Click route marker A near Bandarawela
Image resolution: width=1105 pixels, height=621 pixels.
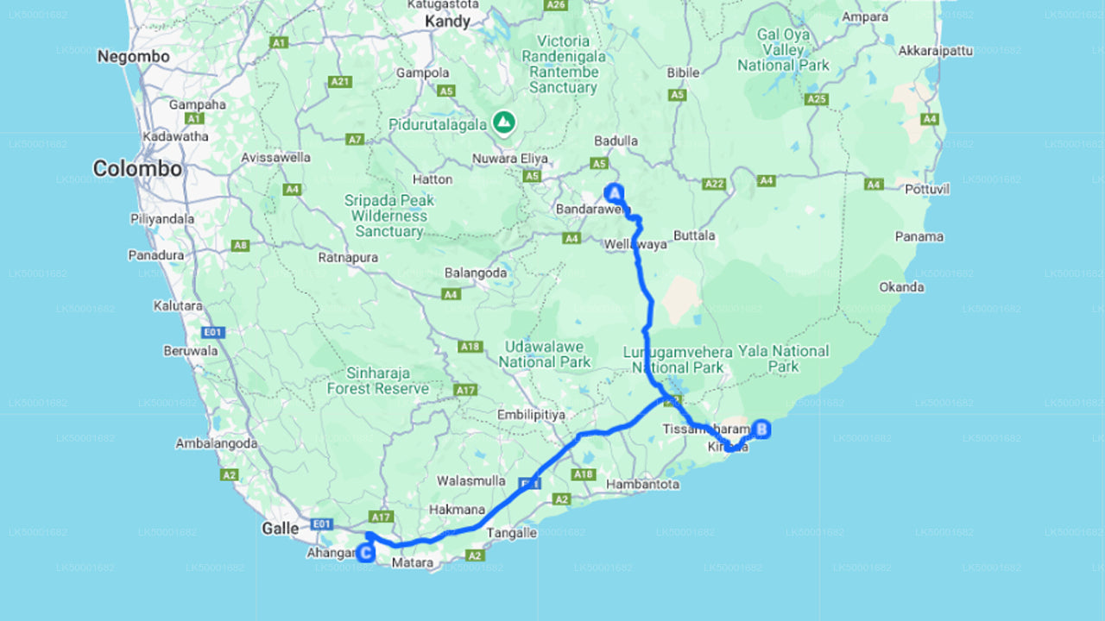(615, 192)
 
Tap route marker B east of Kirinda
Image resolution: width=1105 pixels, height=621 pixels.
(761, 429)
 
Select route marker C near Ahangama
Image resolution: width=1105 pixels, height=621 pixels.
(366, 553)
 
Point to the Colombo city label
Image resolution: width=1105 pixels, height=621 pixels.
(137, 169)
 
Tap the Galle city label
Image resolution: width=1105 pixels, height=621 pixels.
(281, 528)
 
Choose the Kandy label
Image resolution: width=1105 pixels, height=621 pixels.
(448, 22)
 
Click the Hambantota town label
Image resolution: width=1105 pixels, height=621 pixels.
(642, 484)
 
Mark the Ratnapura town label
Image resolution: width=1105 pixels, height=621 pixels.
(348, 257)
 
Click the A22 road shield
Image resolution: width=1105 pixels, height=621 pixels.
(714, 183)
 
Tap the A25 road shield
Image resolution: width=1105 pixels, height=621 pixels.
(816, 99)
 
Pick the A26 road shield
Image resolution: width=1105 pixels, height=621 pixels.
(555, 5)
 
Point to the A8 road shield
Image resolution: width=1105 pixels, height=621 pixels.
(241, 245)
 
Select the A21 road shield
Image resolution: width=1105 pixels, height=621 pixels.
(340, 82)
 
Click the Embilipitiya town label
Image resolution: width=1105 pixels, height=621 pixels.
(531, 415)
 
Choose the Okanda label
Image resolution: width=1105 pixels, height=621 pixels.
(901, 286)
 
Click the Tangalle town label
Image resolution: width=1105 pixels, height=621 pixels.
(512, 533)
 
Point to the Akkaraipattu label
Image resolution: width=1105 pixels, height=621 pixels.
(935, 51)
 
